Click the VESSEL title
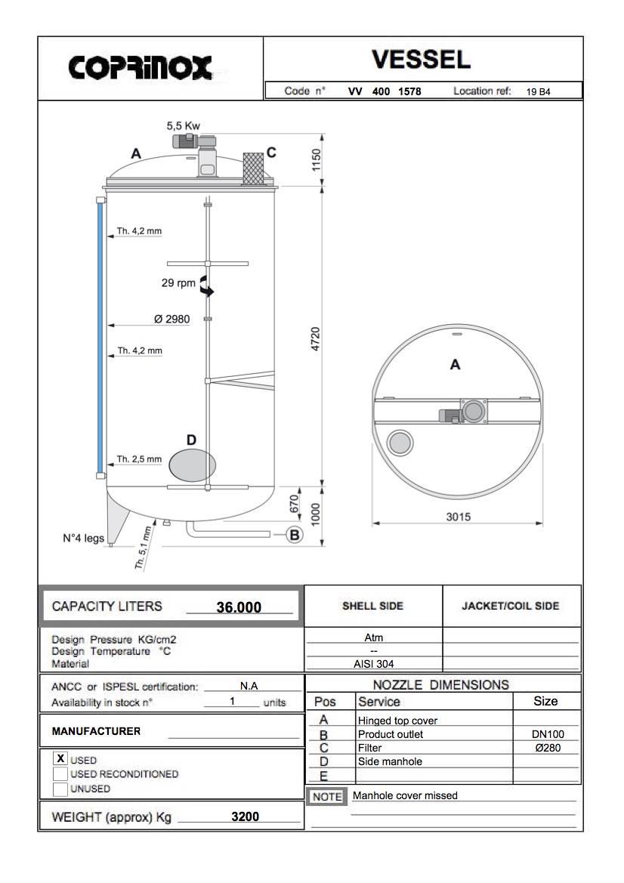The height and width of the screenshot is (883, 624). (x=421, y=60)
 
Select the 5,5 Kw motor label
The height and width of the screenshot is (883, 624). (x=183, y=126)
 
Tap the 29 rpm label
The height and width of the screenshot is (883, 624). (x=178, y=284)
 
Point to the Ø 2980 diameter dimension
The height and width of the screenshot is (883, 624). (x=171, y=319)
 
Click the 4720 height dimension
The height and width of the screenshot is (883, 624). (x=316, y=338)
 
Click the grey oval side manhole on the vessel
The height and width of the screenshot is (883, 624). (x=192, y=464)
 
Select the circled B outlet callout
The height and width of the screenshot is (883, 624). (x=295, y=535)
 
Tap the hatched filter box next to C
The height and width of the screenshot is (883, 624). (x=253, y=168)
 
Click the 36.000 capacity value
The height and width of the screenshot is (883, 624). (x=239, y=607)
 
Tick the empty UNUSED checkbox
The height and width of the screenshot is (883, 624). (x=60, y=789)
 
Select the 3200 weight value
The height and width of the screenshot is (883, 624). (x=245, y=817)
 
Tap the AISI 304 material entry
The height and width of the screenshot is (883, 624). (x=373, y=664)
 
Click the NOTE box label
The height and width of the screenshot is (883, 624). (x=327, y=796)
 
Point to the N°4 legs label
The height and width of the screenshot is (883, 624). (x=83, y=539)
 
